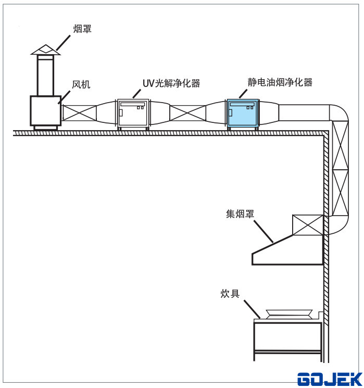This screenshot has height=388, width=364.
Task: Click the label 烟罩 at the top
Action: click(x=83, y=30)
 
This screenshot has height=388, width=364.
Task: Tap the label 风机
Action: click(x=81, y=83)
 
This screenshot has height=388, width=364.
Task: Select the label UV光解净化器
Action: click(x=171, y=83)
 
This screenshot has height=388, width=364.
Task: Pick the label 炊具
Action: click(x=230, y=294)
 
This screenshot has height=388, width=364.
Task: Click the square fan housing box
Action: click(x=45, y=111)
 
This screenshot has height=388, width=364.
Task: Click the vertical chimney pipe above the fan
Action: click(x=45, y=76)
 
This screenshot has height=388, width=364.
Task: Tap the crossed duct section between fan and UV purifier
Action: click(x=79, y=114)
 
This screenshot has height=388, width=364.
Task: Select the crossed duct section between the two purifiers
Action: click(x=187, y=114)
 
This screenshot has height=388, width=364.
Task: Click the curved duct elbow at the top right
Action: click(x=337, y=112)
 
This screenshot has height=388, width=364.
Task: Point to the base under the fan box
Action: click(x=45, y=128)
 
